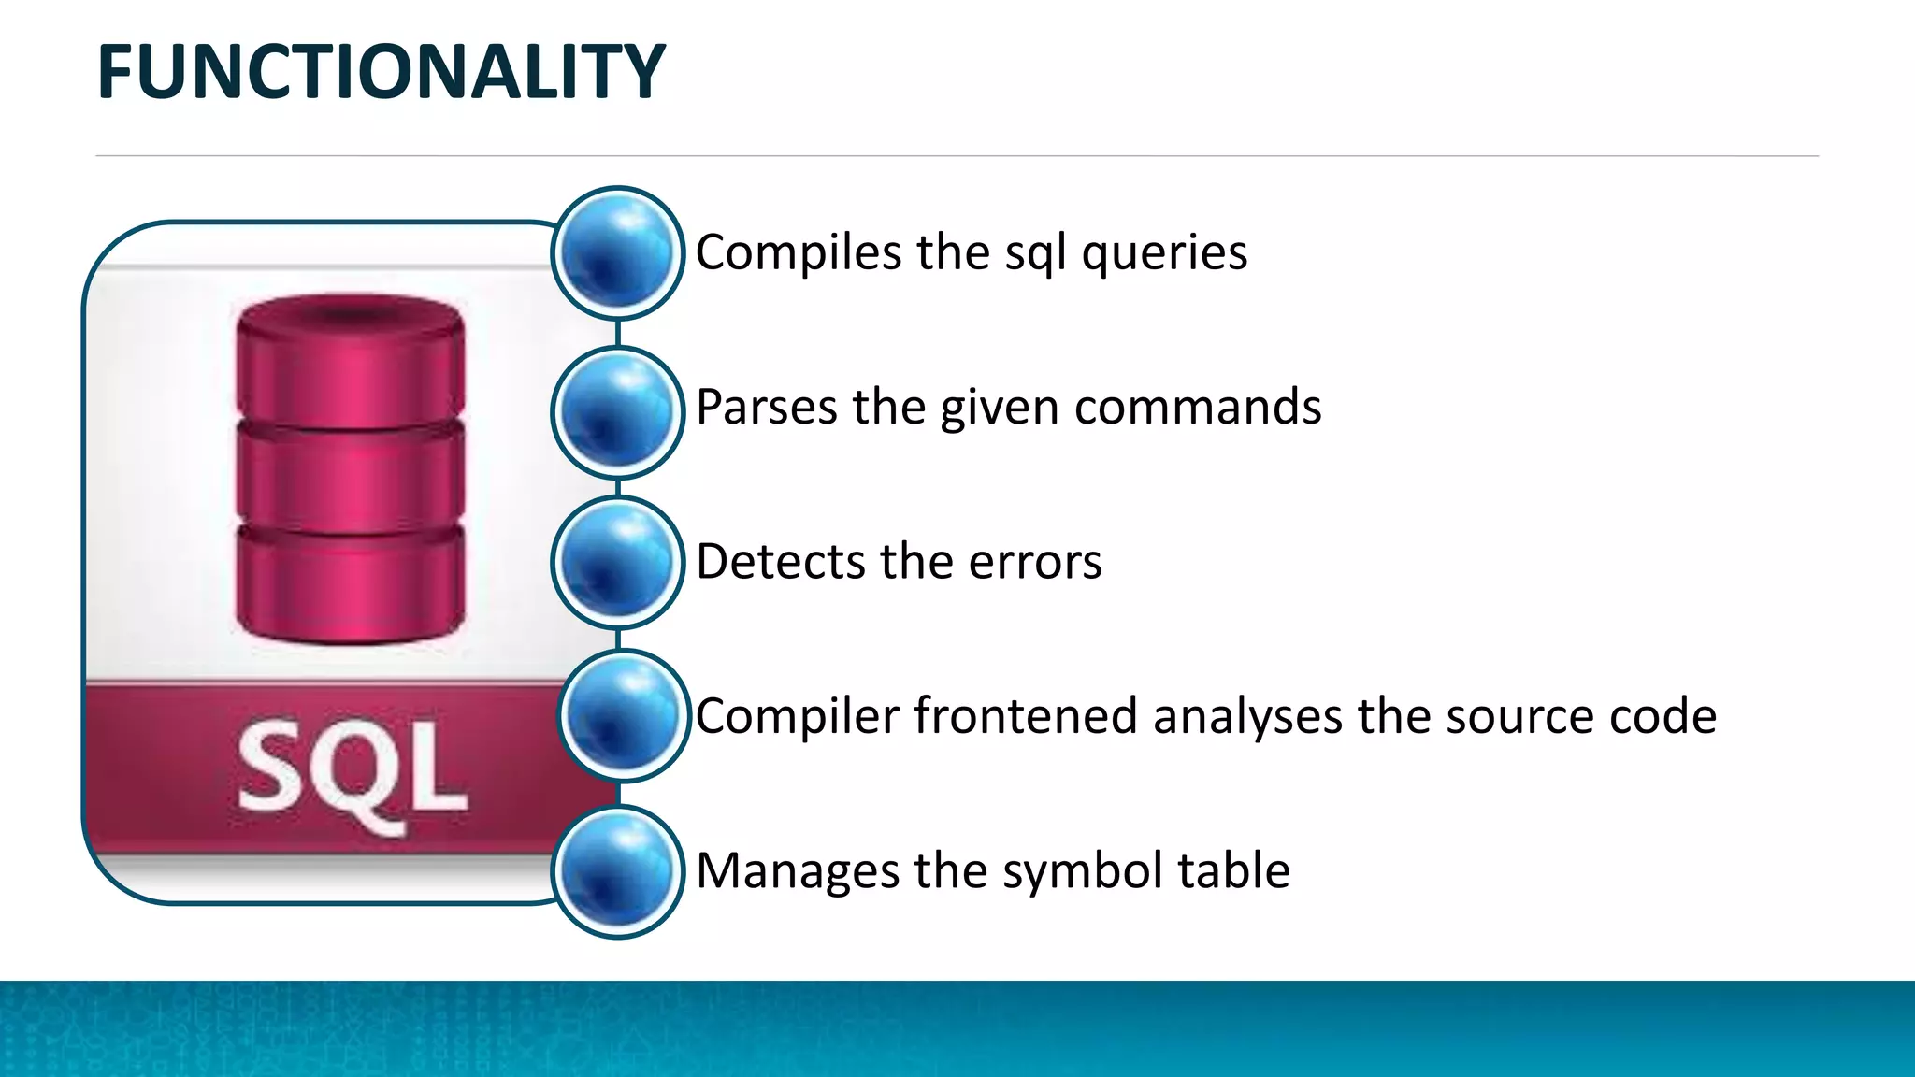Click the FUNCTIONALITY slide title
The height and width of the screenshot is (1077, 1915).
pos(381,73)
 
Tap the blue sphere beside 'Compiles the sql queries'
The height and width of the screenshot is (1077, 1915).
pos(617,252)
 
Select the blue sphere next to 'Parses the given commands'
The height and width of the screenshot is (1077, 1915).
pos(617,411)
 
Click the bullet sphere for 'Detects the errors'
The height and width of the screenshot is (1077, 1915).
pos(617,562)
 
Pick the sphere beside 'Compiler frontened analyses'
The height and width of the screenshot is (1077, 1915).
pos(624,716)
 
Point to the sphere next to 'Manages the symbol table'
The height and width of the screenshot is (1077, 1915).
pos(617,871)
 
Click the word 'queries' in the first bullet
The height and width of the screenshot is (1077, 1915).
pos(1164,253)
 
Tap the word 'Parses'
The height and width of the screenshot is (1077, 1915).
pos(766,408)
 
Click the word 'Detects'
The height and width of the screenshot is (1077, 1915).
pos(780,562)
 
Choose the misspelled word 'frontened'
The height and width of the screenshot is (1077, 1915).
pos(1025,716)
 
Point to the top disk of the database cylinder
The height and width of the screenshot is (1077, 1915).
pos(351,360)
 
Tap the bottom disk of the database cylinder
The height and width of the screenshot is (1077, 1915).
pos(351,584)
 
